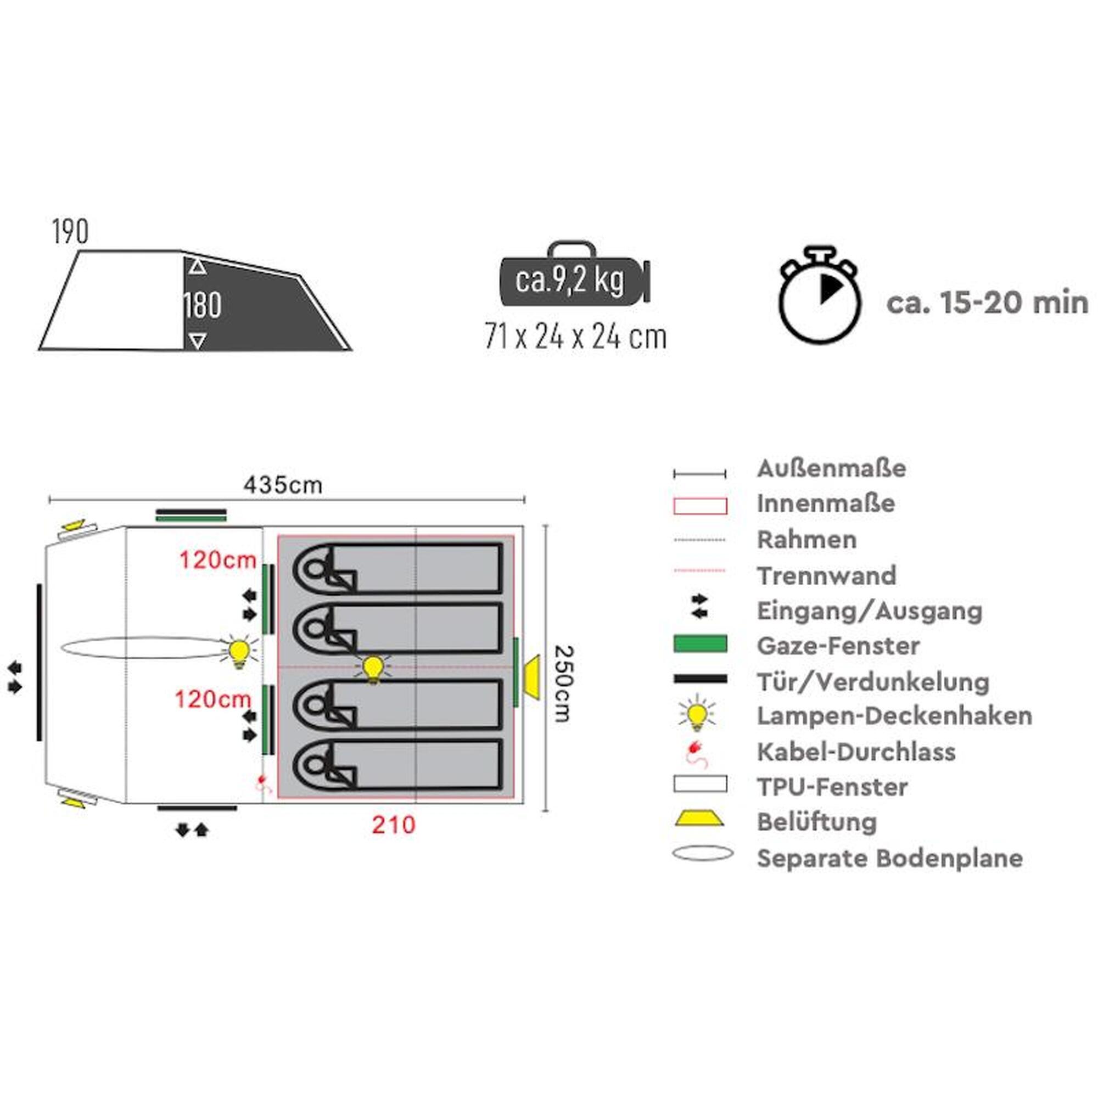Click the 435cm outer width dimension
(282, 485)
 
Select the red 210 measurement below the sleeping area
(394, 825)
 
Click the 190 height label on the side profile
(70, 232)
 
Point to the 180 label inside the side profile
(203, 306)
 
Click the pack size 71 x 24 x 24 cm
(575, 337)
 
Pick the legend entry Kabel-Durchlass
(856, 752)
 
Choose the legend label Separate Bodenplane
(890, 858)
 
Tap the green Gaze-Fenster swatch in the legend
(700, 644)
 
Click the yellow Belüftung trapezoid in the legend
(699, 819)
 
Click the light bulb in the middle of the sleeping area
(373, 668)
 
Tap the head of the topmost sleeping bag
(312, 569)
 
